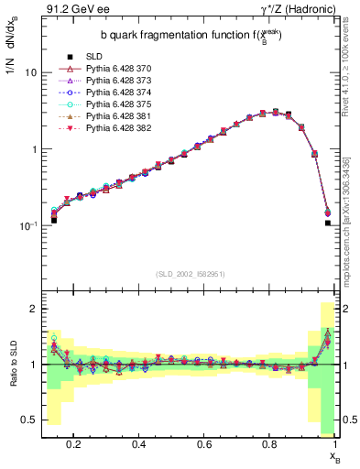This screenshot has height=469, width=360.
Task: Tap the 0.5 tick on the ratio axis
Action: coord(29,420)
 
